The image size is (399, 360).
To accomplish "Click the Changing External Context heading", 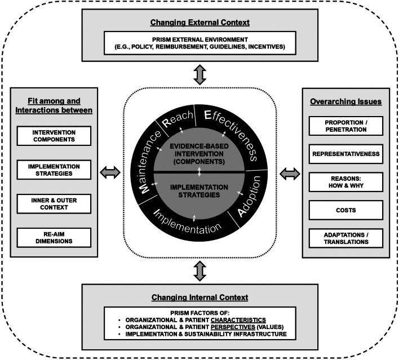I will tap(200, 23).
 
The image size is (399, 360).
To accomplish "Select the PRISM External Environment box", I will tap(200, 43).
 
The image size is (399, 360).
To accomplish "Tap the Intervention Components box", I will tap(53, 135).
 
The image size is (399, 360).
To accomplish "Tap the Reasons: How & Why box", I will tap(345, 181).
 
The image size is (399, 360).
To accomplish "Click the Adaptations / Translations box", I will tap(345, 237).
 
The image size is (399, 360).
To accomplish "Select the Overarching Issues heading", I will tap(345, 103).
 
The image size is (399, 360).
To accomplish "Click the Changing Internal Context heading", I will tap(200, 296).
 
